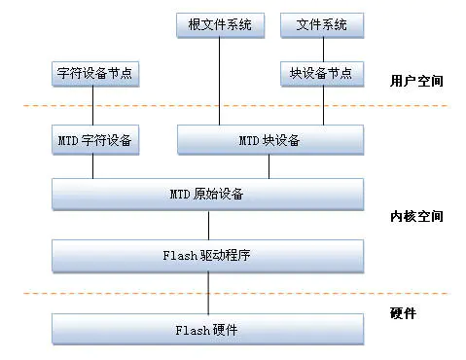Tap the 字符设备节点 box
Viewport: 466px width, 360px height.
pos(92,72)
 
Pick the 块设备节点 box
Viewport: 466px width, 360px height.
pos(322,72)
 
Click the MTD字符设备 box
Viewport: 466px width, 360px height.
pos(92,140)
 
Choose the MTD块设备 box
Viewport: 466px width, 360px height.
pos(270,140)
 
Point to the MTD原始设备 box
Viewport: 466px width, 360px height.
pos(207,195)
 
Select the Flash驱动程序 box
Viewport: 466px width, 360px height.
pos(207,257)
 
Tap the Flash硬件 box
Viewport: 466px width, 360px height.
pos(207,329)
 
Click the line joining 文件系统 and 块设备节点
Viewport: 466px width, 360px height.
pos(322,49)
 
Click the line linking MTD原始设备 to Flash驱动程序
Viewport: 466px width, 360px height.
pos(207,226)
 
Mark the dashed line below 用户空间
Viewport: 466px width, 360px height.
pos(233,105)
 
